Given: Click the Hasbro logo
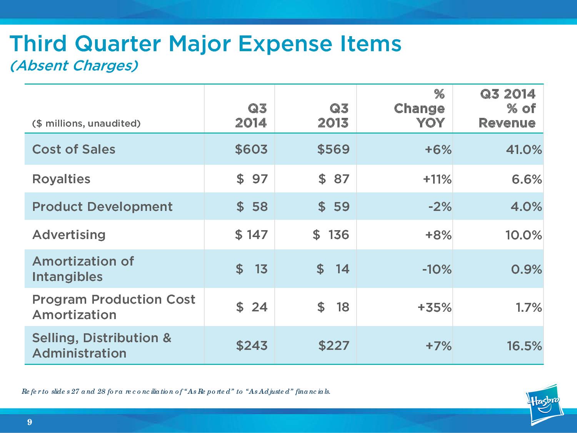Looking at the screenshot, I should click(545, 404).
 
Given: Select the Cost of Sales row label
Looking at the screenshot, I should click(74, 149).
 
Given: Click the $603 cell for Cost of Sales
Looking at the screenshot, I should click(251, 149).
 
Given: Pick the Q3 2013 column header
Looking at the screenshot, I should click(333, 115).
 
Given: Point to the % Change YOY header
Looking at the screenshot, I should click(419, 109).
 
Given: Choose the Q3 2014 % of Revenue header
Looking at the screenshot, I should click(507, 109).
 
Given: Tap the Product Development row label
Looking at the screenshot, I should click(102, 207).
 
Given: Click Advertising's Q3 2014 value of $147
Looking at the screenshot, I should click(251, 234).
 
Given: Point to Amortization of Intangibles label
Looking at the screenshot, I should click(83, 269).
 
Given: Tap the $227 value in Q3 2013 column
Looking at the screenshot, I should click(334, 345).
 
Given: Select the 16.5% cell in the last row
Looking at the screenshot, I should click(524, 346).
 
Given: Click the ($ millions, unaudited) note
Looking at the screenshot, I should click(87, 124).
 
